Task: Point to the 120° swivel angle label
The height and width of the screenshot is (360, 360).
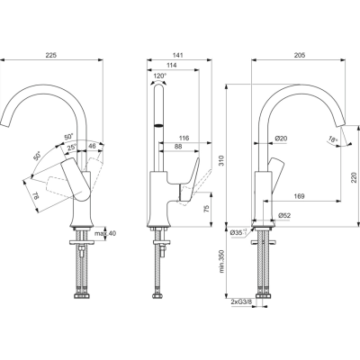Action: point(160,76)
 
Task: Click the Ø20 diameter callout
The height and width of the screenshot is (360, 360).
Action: point(280,138)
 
